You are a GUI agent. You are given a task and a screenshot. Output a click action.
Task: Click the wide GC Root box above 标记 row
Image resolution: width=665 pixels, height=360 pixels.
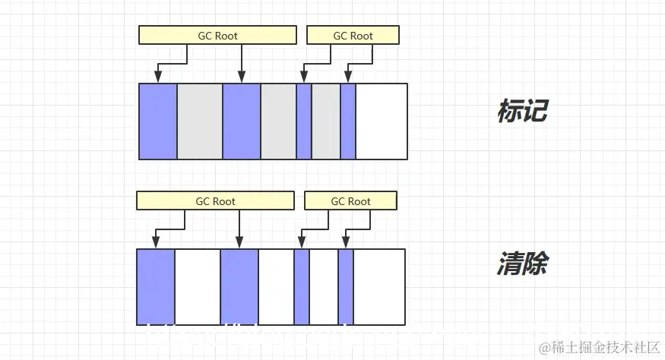pos(217,35)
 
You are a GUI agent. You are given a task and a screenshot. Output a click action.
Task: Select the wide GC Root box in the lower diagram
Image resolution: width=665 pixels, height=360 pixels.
pos(215,201)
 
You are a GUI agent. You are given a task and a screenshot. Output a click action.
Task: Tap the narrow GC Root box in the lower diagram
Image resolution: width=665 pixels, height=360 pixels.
pos(350,201)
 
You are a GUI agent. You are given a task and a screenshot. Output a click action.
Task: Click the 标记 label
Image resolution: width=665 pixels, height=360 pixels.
pos(522,112)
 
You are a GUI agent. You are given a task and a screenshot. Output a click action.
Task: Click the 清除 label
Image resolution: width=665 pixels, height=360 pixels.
pos(522,265)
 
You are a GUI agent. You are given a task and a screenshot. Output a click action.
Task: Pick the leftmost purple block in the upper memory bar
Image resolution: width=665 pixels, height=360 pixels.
pos(158,122)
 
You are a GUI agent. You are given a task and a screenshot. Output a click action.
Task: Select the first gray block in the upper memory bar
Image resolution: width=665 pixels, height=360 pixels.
pos(200,122)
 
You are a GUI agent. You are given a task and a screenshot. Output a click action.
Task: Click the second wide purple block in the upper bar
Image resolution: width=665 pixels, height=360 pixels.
pos(242,122)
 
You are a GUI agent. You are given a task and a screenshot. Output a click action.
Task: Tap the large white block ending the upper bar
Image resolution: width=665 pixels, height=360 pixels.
pos(382,122)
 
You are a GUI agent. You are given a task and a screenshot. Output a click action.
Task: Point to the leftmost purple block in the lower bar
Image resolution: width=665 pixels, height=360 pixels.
pos(156,287)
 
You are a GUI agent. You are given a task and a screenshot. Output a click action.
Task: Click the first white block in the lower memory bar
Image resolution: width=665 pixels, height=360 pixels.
pos(198,287)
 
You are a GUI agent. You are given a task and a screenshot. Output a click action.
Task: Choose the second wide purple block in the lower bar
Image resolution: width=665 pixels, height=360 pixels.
pos(239,287)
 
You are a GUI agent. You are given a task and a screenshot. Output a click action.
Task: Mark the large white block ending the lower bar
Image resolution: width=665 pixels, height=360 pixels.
pos(379,287)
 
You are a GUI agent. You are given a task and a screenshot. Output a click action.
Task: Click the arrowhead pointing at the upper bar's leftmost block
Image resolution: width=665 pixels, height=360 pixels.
pos(158,77)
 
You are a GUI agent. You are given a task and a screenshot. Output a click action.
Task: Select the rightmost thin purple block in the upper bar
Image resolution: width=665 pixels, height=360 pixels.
pos(348,122)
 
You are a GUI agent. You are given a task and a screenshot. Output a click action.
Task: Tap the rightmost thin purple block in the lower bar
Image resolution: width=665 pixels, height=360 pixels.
pos(346,287)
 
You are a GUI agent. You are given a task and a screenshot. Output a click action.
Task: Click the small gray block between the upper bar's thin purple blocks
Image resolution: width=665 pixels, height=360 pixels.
pos(325,122)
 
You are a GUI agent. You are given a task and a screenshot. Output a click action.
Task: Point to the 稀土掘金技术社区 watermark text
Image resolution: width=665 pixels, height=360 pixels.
pos(603,346)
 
